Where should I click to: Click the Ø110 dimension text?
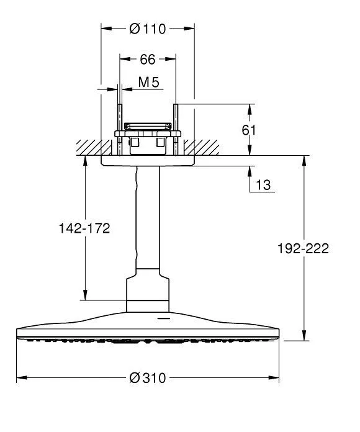(147, 29)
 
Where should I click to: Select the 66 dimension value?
(147, 59)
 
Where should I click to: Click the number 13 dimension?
(264, 184)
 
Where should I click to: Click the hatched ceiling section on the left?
(87, 147)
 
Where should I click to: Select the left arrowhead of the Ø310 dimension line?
(20, 378)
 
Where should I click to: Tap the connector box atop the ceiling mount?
(147, 127)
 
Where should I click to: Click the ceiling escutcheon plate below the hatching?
(147, 160)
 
